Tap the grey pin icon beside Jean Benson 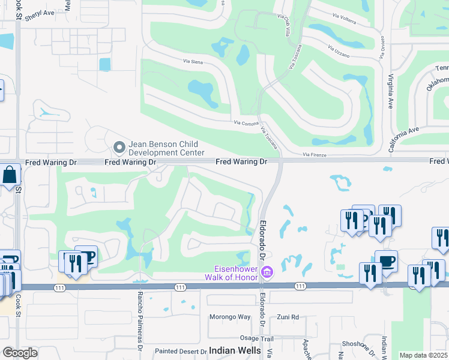click(x=119, y=146)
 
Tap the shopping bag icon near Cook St click(x=10, y=175)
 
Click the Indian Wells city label click(x=235, y=350)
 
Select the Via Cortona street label click(x=246, y=123)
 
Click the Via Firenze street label click(x=315, y=155)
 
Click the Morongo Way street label click(x=229, y=317)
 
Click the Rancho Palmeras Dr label click(x=139, y=321)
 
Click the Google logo click(x=19, y=353)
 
